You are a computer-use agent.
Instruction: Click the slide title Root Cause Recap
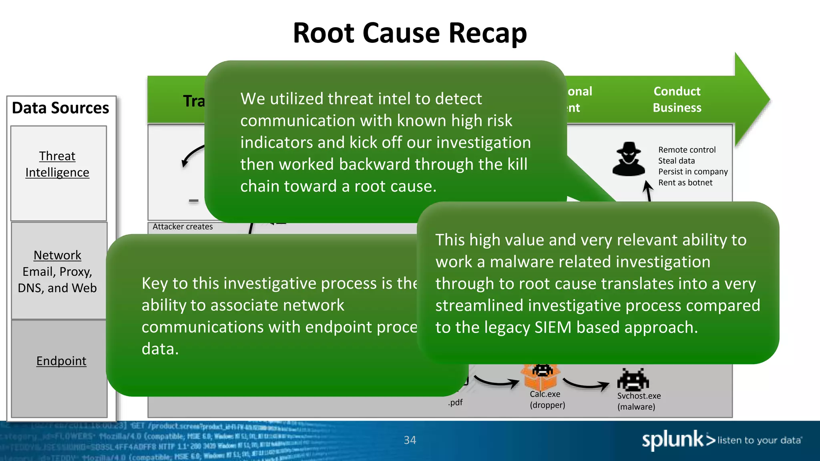coord(410,33)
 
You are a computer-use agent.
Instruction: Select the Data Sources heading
coord(60,108)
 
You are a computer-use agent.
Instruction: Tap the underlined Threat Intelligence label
coord(57,164)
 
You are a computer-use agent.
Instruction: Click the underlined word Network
coord(57,255)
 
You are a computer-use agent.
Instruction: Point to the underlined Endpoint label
coord(61,361)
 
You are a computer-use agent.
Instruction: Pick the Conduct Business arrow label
coord(677,100)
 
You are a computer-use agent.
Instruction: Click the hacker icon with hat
coord(629,159)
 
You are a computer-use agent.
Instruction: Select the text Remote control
coord(687,150)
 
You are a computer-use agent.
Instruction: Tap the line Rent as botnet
coord(685,182)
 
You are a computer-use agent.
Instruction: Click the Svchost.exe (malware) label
coord(639,401)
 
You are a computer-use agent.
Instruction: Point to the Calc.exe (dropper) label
coord(547,399)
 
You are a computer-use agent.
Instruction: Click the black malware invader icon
coord(633,379)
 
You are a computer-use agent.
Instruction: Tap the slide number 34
coord(410,440)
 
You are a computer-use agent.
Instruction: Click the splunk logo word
coord(673,440)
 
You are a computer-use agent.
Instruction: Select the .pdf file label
coord(455,402)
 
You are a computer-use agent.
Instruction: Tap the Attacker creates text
coord(183,226)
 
